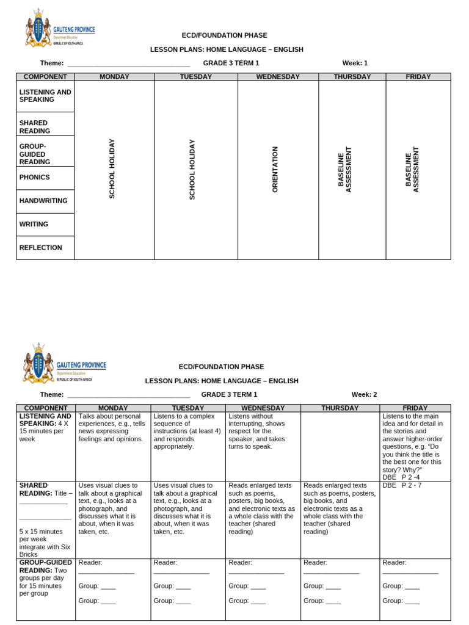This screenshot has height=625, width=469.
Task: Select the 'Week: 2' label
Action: point(364,394)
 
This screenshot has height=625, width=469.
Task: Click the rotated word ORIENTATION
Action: point(275,170)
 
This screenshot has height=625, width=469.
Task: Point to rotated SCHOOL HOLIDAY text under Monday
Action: point(112,169)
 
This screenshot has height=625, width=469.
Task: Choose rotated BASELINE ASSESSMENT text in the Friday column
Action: point(412,170)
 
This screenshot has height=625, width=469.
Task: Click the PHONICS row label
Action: point(35,178)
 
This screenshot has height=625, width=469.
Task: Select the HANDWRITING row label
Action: point(43,201)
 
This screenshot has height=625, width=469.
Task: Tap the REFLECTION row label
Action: point(41,248)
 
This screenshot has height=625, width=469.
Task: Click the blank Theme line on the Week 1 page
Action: point(128,63)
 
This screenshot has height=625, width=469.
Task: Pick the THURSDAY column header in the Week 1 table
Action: point(352,77)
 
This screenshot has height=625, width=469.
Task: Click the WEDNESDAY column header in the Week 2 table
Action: point(263,408)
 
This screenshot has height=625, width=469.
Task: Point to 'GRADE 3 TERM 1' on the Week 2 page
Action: point(229,394)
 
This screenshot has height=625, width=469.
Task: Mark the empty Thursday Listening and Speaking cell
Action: point(340,446)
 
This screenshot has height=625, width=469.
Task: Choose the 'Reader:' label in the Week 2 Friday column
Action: point(394,562)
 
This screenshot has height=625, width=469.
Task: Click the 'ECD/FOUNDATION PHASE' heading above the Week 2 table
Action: point(221,367)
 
